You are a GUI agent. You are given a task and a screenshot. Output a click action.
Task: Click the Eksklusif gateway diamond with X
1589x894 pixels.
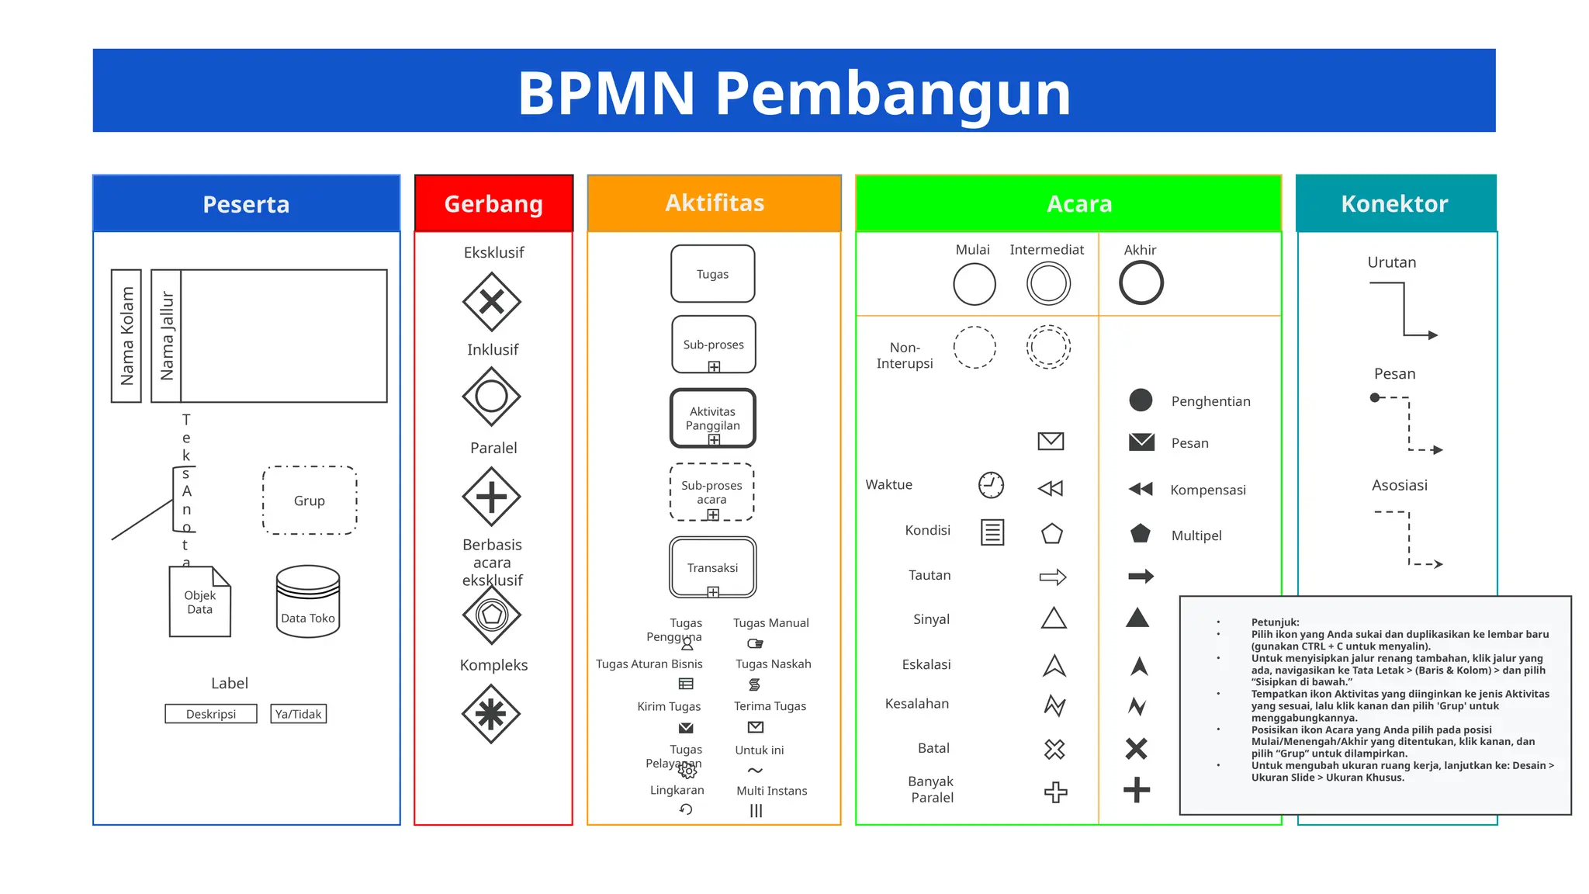coord(491,301)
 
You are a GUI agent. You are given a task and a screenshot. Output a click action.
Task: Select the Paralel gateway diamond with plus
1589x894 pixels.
coord(491,497)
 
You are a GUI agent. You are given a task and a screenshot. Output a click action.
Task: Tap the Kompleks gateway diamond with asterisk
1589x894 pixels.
coord(491,713)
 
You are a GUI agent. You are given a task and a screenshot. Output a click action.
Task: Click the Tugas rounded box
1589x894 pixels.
coord(712,274)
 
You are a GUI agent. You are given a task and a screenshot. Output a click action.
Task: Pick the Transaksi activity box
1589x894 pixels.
coord(712,567)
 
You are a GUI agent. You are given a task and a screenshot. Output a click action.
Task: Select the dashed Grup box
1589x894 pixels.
coord(310,501)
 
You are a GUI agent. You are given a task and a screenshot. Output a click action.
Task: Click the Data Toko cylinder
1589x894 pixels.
coord(308,601)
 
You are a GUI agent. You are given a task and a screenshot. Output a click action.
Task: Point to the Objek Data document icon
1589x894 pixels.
coord(200,601)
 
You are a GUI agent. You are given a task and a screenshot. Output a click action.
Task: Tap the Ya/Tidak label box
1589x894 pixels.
coord(299,714)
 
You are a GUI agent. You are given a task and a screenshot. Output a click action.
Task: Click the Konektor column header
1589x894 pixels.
coord(1394,203)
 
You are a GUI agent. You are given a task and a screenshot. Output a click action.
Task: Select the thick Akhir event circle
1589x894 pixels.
coord(1141,282)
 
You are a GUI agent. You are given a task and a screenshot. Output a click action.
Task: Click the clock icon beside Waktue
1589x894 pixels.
coord(991,485)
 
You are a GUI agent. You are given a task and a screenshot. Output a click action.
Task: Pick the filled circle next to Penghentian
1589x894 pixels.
coord(1141,400)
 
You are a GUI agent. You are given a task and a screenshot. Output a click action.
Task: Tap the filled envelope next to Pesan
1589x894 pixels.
coord(1141,442)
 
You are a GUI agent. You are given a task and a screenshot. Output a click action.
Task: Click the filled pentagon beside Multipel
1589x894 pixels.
coord(1141,534)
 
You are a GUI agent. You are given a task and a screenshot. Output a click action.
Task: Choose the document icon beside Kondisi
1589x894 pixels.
coord(992,532)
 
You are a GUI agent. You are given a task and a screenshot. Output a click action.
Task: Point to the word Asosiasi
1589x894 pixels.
coord(1399,485)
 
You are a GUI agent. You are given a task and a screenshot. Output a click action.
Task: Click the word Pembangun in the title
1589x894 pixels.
coord(892,93)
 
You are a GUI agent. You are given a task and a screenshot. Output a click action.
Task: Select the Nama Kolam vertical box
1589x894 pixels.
coord(126,336)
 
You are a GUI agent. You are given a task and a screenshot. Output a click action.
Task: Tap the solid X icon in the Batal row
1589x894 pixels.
coord(1136,749)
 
